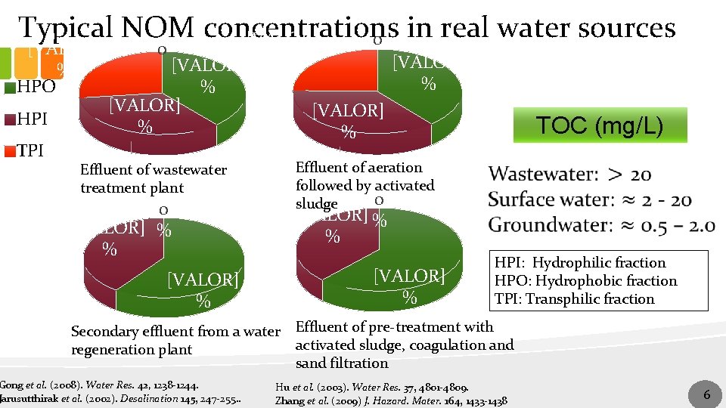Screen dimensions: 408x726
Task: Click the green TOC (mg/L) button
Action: point(599,125)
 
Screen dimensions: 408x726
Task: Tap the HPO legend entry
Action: point(31,86)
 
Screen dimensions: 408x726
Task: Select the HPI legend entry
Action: point(30,119)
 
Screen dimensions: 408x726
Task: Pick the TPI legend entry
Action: point(29,150)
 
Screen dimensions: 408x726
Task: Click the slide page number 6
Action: point(706,394)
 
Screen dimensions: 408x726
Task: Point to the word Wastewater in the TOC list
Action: point(541,175)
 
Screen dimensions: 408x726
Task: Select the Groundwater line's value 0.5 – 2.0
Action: point(664,225)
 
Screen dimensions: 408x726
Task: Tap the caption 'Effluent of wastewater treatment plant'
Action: point(154,179)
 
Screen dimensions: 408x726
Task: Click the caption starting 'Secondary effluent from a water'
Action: point(175,340)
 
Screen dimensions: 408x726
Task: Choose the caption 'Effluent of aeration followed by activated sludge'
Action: point(365,185)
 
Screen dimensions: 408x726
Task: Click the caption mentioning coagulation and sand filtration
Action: point(404,345)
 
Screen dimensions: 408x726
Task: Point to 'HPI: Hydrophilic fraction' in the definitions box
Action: point(580,263)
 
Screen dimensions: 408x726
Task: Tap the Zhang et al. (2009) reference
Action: point(392,400)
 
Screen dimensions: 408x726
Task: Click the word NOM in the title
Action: point(158,29)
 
